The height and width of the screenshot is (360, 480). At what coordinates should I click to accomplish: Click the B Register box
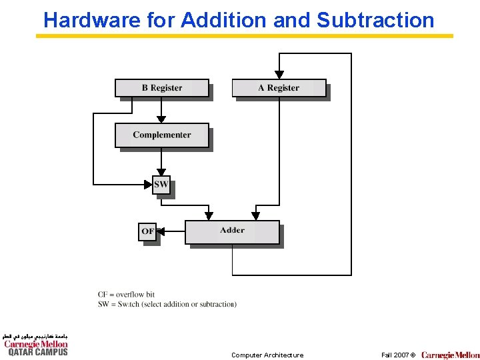click(x=162, y=88)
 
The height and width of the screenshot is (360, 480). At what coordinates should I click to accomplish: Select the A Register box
click(x=279, y=88)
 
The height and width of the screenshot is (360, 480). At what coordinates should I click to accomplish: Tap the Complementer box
click(x=162, y=135)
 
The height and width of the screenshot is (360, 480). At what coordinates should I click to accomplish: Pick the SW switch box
click(x=161, y=185)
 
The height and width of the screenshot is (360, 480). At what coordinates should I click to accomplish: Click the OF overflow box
click(x=147, y=231)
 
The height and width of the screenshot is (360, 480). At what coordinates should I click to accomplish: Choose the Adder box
click(x=232, y=231)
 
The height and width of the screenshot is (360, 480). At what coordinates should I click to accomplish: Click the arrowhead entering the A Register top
click(x=279, y=75)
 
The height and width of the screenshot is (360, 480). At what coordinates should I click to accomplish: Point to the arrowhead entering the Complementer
click(x=161, y=119)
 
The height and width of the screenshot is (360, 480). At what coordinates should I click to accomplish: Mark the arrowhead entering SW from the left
click(x=149, y=184)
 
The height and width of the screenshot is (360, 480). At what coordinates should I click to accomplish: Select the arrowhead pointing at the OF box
click(x=161, y=231)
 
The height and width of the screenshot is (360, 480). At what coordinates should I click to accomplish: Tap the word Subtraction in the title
click(x=375, y=20)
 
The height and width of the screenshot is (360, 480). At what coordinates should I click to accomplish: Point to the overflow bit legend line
click(x=126, y=294)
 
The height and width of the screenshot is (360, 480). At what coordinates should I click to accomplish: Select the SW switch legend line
click(x=167, y=304)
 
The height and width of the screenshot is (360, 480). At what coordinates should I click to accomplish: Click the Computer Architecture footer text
click(x=267, y=355)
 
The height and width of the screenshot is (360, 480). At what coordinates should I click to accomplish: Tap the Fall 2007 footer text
click(x=398, y=355)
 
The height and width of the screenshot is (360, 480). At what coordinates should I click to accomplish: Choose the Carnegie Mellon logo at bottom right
click(x=450, y=355)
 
